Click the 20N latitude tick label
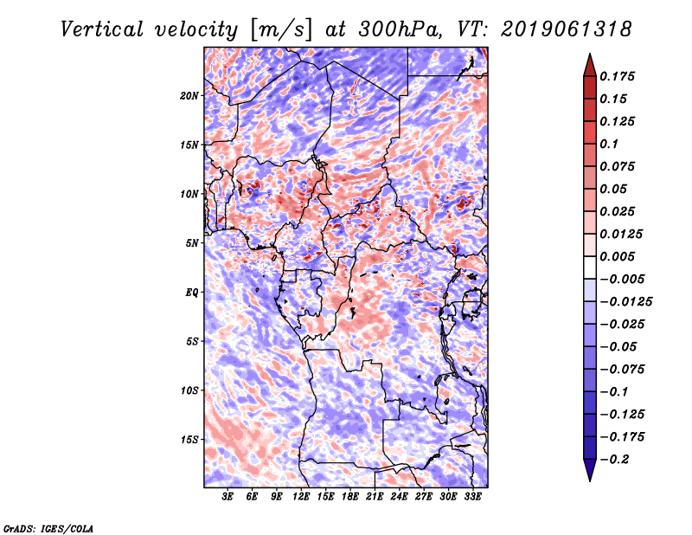pos(189,95)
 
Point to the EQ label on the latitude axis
pos(192,292)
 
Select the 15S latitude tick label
pos(189,439)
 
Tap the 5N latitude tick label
pos(192,243)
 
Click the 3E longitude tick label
pos(228,498)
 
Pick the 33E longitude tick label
pos(473,498)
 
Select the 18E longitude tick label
pos(351,498)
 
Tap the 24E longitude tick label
pos(400,498)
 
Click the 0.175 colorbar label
pos(618,76)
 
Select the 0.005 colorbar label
pos(618,256)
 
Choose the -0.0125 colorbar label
pos(627,301)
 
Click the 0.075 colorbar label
pos(618,166)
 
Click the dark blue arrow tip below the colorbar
pos(589,474)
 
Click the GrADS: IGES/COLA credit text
pos(48,526)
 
